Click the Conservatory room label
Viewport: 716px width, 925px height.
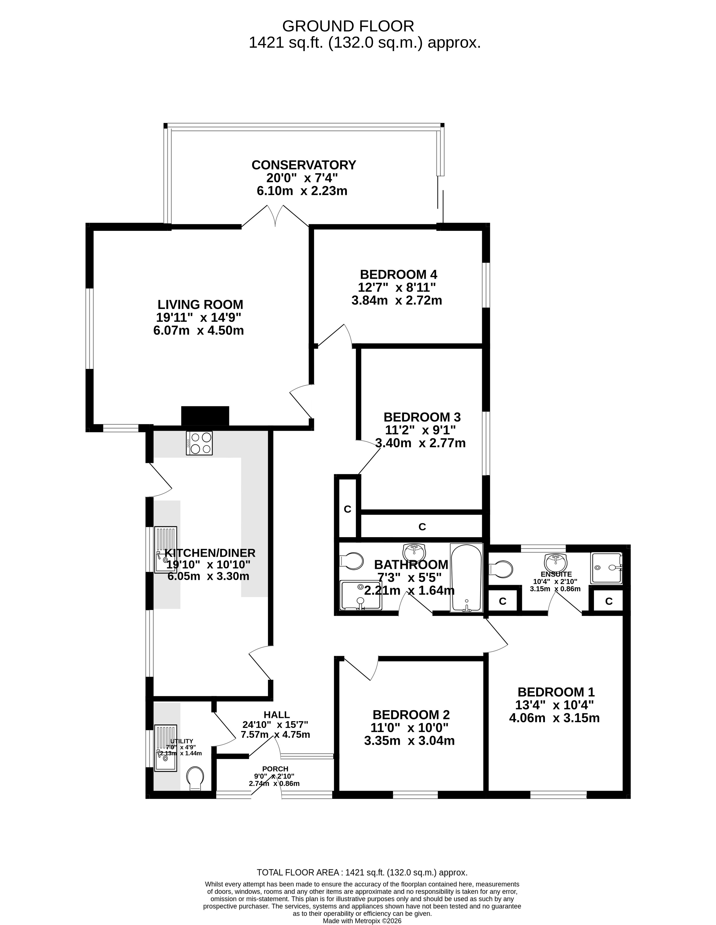point(304,165)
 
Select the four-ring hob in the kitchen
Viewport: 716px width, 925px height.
point(199,443)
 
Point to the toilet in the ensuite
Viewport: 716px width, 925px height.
point(500,568)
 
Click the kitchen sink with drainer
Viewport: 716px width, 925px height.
point(166,550)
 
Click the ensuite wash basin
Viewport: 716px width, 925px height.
point(555,562)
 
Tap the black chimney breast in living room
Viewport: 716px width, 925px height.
point(205,416)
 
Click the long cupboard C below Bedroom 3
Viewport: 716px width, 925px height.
point(422,526)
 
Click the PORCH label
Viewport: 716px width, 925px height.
point(275,769)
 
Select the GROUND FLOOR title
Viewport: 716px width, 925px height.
point(348,26)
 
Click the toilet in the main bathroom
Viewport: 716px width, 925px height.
point(351,562)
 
